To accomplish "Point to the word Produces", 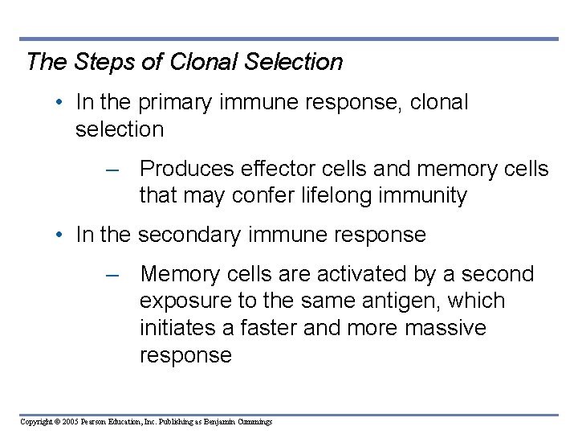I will [187, 169].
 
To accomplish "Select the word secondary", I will [190, 235].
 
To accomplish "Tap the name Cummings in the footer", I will [252, 422].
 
